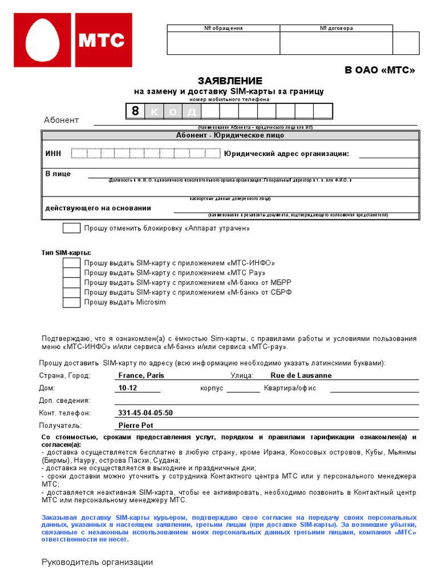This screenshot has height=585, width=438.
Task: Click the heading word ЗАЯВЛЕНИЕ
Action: (230, 81)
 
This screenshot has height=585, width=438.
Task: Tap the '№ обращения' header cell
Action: (224, 28)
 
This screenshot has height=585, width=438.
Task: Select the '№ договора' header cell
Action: (336, 28)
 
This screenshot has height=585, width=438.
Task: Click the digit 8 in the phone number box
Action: (135, 111)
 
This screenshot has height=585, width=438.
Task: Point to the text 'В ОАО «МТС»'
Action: (379, 70)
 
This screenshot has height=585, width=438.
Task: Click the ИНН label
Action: (53, 154)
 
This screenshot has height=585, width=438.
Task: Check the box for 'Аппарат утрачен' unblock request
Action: (71, 229)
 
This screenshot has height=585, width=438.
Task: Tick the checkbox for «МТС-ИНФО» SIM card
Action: (71, 263)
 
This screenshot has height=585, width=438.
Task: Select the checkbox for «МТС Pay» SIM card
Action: (71, 273)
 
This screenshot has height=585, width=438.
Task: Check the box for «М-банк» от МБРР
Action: (71, 282)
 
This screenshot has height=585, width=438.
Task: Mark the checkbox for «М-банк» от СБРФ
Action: (71, 292)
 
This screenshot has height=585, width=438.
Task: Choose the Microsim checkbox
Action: (71, 302)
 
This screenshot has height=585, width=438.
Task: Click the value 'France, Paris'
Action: (141, 375)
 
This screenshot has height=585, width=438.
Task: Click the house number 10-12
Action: (128, 388)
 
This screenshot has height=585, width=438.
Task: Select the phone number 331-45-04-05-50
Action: (145, 413)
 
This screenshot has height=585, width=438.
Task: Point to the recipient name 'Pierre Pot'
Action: (136, 426)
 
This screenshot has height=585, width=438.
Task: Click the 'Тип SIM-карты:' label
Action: (66, 253)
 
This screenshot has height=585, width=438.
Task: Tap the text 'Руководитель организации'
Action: (98, 562)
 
